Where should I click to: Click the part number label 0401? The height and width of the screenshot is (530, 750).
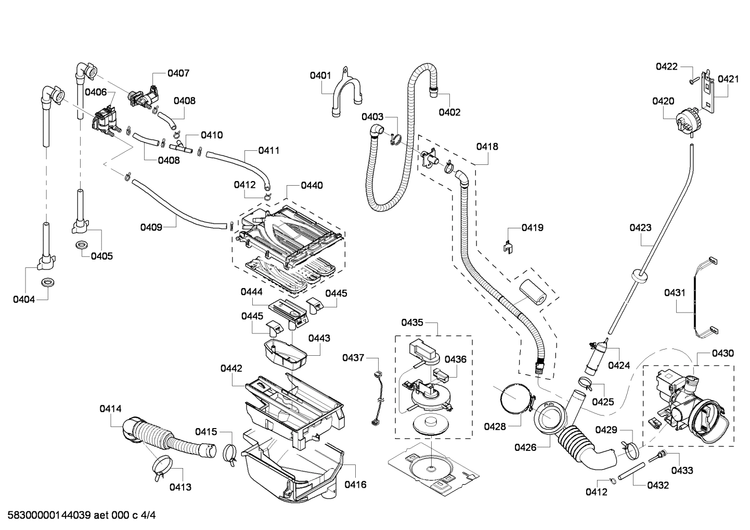[320, 75]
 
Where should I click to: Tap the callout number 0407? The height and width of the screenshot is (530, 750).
[178, 73]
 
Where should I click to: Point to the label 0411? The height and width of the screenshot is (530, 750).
[269, 150]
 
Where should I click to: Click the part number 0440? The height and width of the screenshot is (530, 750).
[312, 185]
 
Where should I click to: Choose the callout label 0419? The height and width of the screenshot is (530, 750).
[533, 227]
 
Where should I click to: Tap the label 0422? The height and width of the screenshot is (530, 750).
[666, 66]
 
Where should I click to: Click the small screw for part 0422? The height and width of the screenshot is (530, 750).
[692, 81]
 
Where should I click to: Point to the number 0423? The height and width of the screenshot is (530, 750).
[640, 227]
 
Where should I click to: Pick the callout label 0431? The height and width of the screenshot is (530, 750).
[675, 293]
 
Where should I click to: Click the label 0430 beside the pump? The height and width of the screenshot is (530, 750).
[722, 353]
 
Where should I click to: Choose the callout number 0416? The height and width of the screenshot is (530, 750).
[355, 484]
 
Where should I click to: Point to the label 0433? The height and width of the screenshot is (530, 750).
[682, 470]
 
